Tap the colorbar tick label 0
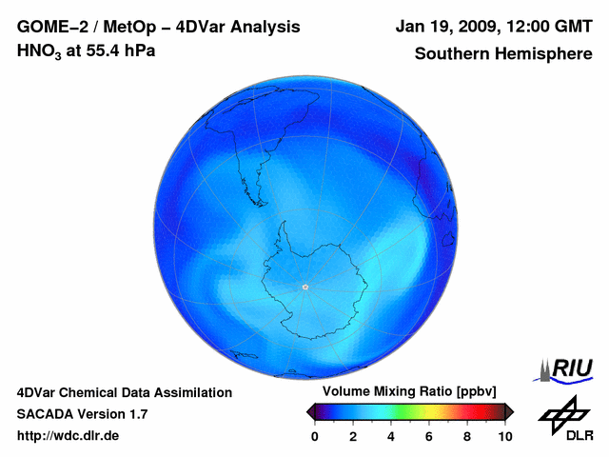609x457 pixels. point(315,436)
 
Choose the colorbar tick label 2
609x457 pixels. point(352,436)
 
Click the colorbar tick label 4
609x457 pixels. point(390,436)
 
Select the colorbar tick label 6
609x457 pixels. point(428,436)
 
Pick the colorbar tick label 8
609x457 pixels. point(466,436)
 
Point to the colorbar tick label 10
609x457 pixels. point(504,436)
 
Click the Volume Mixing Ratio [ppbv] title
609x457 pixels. point(404,392)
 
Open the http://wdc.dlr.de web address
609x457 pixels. point(69,435)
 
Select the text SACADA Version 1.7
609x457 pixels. point(82,414)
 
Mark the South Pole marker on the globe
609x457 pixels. point(304,287)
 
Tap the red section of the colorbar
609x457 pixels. point(476,411)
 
